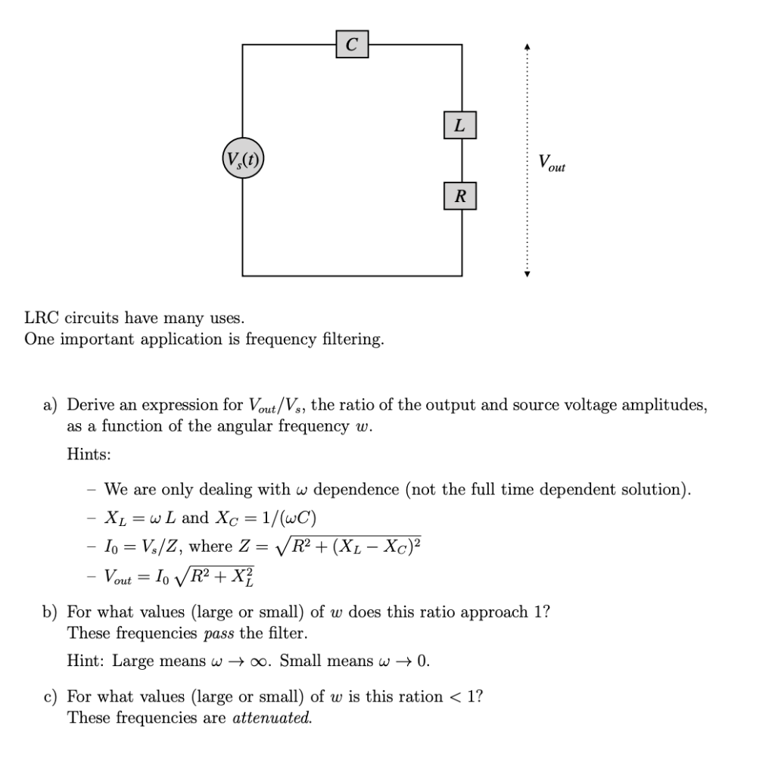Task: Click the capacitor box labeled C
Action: click(x=352, y=45)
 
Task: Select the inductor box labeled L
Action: click(x=459, y=125)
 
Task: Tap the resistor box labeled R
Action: click(x=459, y=197)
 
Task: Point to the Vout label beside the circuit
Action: click(x=552, y=163)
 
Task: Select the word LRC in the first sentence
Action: click(x=42, y=319)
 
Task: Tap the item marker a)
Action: click(x=51, y=406)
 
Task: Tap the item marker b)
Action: click(x=51, y=612)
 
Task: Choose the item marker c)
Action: click(x=51, y=696)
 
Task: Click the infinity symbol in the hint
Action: click(x=263, y=661)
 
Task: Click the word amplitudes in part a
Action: click(x=665, y=406)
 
